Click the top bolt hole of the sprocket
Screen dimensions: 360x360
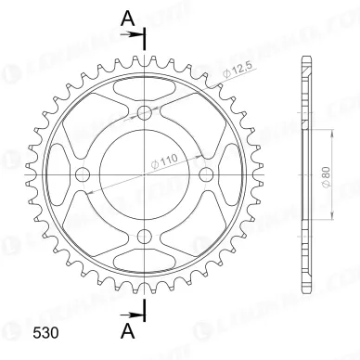click(144, 113)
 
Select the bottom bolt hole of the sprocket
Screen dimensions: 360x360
click(144, 236)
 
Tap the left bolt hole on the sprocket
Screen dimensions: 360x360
click(83, 174)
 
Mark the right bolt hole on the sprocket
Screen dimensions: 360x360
click(205, 174)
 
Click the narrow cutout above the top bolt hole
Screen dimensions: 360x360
click(144, 85)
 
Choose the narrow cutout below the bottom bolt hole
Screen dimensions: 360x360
click(144, 264)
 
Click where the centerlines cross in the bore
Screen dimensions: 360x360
click(144, 174)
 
